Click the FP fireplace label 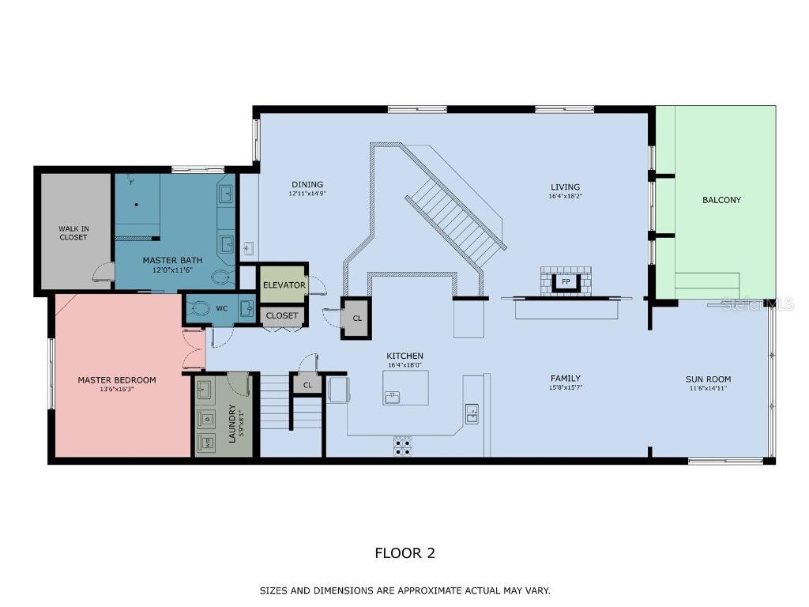tap(566, 281)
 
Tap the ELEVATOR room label tap(284, 285)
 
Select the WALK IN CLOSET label tap(73, 233)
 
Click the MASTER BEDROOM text tap(117, 380)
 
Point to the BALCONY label tap(721, 200)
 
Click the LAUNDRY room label tap(232, 424)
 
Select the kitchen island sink tap(393, 396)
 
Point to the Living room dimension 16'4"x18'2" tap(565, 196)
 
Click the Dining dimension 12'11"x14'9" tap(307, 193)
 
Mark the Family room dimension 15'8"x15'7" tap(565, 388)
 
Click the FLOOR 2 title tap(404, 553)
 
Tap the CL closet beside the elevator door tap(357, 319)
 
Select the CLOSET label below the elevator tap(282, 315)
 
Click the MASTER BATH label tap(172, 260)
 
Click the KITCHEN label tap(404, 356)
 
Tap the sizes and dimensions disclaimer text tap(404, 590)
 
